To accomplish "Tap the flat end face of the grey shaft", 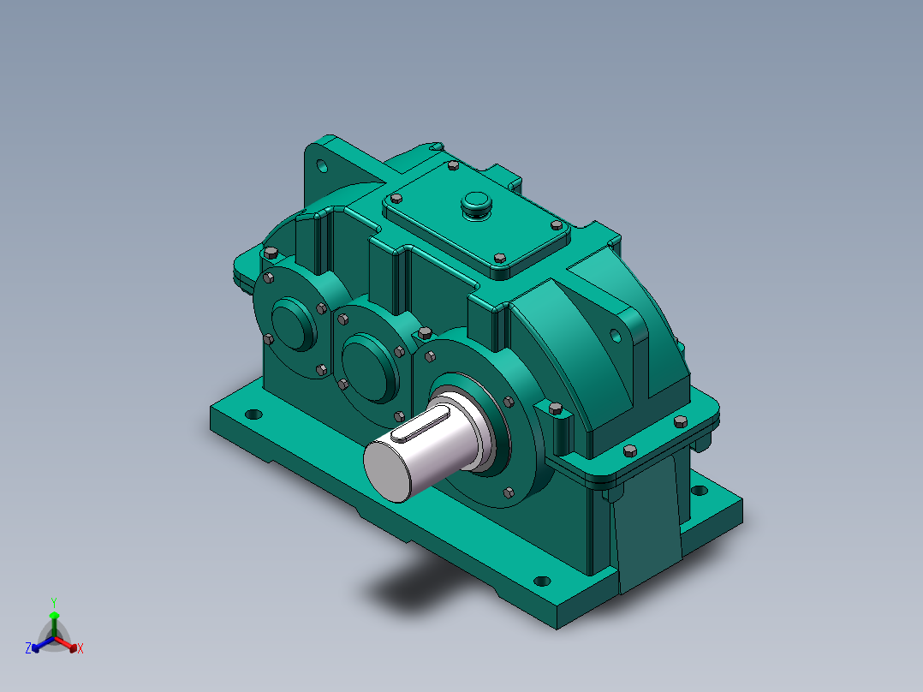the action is point(387,472).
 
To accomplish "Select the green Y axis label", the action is point(54,603).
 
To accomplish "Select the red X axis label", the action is point(80,648).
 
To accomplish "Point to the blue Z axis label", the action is point(28,647).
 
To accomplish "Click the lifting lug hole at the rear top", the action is point(322,166).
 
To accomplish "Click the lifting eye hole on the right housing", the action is point(615,336).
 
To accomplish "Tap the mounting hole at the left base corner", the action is point(253,414).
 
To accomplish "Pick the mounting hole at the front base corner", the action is point(541,582).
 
